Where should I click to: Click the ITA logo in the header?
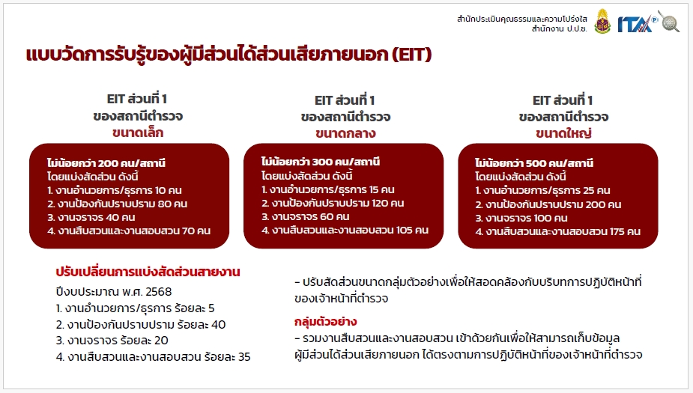click(637, 24)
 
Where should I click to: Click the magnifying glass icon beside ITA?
click(669, 21)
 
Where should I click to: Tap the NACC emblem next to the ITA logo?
click(602, 22)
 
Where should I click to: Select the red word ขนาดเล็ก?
click(137, 132)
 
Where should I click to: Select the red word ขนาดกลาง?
click(345, 133)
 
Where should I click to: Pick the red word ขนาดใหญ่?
click(563, 133)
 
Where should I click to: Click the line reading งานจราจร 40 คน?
click(91, 217)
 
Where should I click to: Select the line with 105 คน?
click(345, 230)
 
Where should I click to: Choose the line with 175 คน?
click(557, 231)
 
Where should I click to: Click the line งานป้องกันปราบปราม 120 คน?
click(333, 203)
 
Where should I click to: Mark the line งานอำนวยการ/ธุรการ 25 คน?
click(542, 190)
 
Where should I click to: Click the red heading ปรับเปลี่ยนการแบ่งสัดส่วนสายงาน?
click(148, 272)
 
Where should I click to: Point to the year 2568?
click(158, 292)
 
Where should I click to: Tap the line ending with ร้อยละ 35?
click(154, 357)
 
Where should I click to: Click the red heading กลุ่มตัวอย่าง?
click(325, 321)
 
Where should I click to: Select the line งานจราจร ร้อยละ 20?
click(112, 341)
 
